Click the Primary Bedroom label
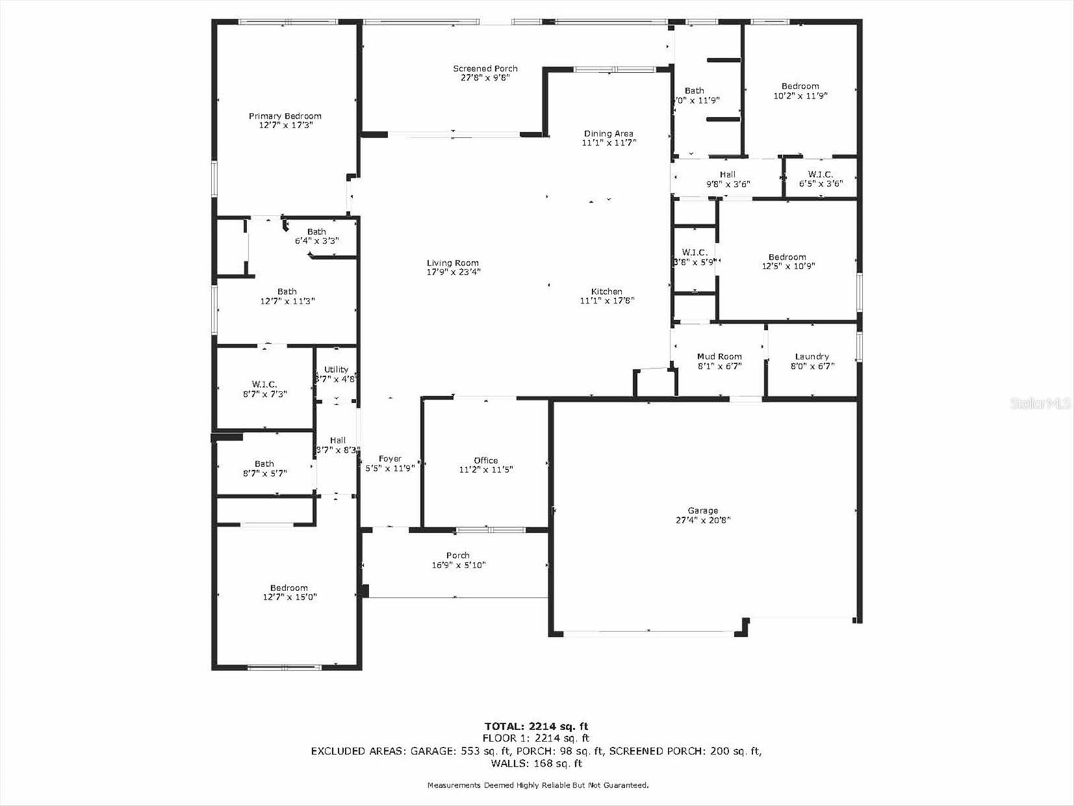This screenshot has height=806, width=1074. click(x=285, y=116)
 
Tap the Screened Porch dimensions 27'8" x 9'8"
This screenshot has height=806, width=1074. click(x=485, y=78)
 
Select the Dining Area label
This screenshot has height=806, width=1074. click(x=608, y=134)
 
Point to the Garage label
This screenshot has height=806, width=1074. click(x=702, y=510)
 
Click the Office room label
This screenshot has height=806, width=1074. click(x=485, y=461)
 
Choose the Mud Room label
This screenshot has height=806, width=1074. click(x=719, y=357)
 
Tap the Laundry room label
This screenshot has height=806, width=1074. click(x=812, y=357)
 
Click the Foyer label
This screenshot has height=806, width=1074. click(x=390, y=459)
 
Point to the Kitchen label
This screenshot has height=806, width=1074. click(x=606, y=292)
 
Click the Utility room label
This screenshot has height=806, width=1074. click(x=336, y=369)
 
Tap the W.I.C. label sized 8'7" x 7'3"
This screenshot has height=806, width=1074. click(x=264, y=384)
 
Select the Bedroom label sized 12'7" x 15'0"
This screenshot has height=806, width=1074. click(x=289, y=588)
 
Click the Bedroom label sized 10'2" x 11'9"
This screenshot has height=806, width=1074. click(x=800, y=86)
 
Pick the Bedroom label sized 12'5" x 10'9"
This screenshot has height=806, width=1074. click(x=787, y=257)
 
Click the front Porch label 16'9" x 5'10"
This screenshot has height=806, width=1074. click(x=458, y=555)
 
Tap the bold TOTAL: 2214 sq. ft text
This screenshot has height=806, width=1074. click(x=536, y=726)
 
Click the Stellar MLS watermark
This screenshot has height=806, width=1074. click(x=1040, y=403)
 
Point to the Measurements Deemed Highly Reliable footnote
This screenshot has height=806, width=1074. click(x=538, y=785)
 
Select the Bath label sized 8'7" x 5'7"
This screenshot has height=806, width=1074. click(x=264, y=463)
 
